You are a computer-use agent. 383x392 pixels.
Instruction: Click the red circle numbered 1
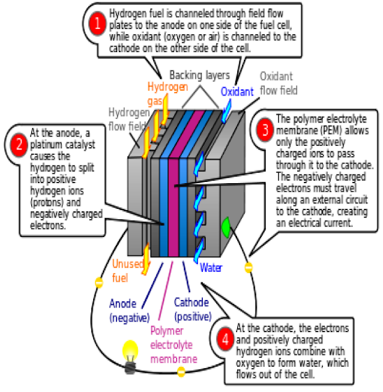pos(97,24)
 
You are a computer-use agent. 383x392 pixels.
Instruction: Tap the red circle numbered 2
pos(18,146)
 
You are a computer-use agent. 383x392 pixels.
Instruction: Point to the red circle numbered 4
pos(225,341)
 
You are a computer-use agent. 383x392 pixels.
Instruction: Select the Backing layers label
pos(199,76)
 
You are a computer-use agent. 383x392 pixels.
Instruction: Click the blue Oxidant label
pos(237,92)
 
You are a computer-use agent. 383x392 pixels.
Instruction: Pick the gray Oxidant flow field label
pos(278,83)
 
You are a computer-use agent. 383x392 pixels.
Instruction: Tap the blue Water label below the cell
pos(211,268)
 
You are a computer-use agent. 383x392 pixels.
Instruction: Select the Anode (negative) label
pos(129,310)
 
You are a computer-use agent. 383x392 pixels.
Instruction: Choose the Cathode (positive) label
pos(192,309)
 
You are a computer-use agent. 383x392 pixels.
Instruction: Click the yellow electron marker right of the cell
pos(248,267)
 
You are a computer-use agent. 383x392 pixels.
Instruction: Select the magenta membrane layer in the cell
pos(173,184)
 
